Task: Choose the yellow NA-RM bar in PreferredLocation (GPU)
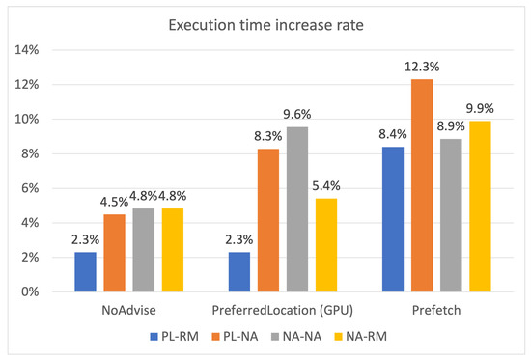click(x=328, y=245)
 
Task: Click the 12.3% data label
click(x=421, y=67)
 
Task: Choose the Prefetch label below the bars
click(x=436, y=311)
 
